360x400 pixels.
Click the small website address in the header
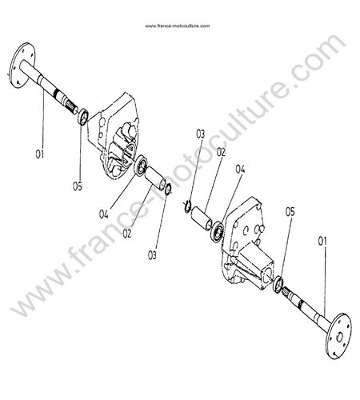(178, 26)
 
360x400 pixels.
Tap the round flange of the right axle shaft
(338, 336)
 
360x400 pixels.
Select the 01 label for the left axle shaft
(40, 154)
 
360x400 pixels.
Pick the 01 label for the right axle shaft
(322, 242)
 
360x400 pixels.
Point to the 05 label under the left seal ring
(78, 186)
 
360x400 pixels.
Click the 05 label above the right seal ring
(290, 212)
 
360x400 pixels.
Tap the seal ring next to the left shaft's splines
(83, 117)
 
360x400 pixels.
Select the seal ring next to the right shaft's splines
(278, 285)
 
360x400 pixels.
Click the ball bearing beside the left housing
(141, 166)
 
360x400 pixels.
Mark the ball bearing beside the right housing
(218, 230)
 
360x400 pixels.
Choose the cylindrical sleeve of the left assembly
(156, 178)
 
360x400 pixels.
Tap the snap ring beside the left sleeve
(169, 189)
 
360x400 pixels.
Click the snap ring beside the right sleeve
(187, 206)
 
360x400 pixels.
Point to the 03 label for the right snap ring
(200, 134)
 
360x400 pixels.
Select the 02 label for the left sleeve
(127, 234)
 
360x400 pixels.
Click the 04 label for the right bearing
(240, 169)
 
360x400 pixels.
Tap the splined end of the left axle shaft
(71, 106)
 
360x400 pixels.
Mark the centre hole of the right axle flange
(339, 338)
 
